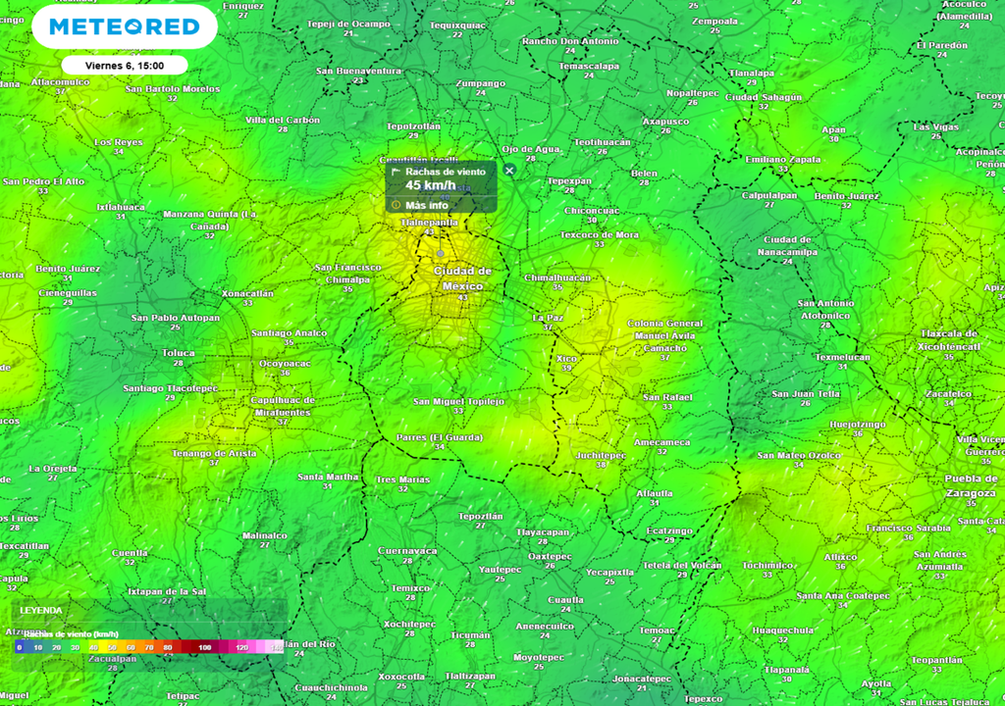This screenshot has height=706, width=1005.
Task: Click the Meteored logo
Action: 125,26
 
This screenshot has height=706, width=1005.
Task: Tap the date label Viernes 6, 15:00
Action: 124,66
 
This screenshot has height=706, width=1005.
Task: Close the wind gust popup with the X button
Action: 509,171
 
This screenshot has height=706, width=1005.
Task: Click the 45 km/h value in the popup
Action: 430,185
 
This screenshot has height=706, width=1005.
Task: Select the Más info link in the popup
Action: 427,205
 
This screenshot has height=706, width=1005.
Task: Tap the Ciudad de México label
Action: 462,277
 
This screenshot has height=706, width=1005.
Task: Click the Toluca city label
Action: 178,352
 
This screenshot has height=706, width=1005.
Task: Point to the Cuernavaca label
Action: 407,550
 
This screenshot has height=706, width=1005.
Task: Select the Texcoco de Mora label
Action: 599,235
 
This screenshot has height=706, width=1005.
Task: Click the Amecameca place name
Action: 661,442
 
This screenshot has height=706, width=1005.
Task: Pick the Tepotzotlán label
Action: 413,126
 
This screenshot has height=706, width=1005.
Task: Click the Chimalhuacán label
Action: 557,277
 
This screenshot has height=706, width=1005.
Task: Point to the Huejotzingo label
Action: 858,424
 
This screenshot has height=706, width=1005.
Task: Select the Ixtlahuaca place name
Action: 121,207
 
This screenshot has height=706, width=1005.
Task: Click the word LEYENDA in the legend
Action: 41,610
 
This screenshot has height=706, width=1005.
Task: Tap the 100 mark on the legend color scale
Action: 204,648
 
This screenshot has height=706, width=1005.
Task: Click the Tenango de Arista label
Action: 214,453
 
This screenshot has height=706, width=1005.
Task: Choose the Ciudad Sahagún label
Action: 764,97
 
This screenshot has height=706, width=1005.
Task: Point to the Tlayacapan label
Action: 542,531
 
